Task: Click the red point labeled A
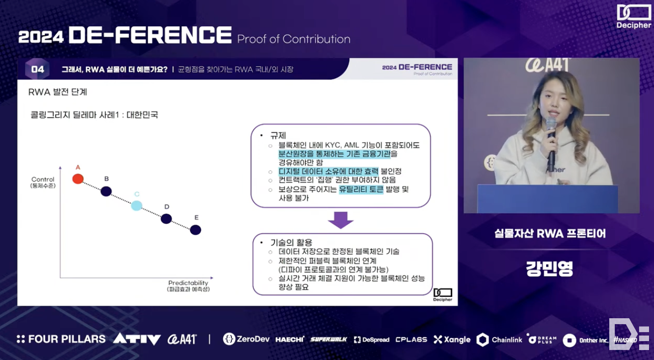[78, 179]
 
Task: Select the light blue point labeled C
[137, 205]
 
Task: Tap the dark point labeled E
[196, 230]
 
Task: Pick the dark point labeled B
[106, 191]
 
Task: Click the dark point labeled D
[166, 219]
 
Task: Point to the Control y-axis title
[43, 182]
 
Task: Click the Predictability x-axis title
[188, 286]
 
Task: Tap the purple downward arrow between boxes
[341, 220]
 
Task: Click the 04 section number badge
[37, 69]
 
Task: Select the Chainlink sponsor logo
[499, 340]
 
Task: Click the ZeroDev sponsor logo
[246, 339]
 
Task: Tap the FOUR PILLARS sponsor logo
[61, 339]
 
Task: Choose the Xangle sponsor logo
[452, 340]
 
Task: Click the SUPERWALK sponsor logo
[328, 339]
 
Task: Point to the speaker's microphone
[551, 144]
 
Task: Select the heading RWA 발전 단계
[58, 92]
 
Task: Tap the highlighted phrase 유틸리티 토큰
[361, 189]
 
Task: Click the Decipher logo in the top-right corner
[634, 16]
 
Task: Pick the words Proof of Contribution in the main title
[294, 39]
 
